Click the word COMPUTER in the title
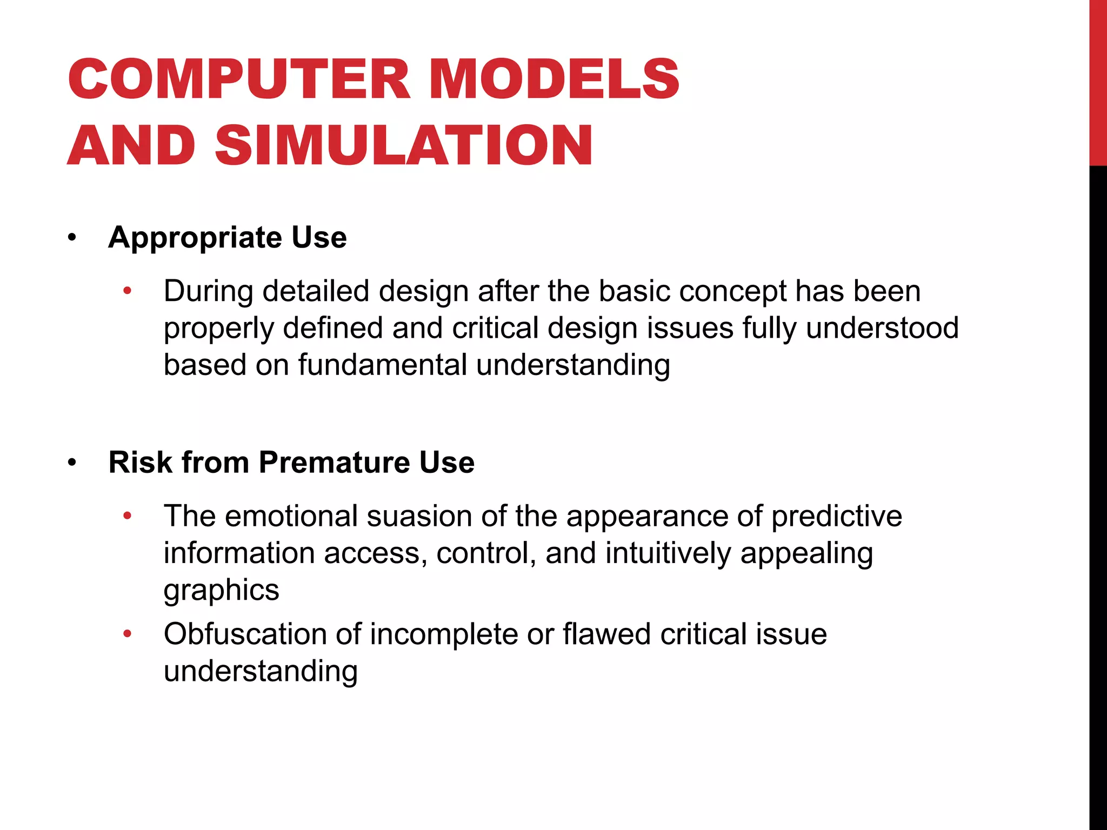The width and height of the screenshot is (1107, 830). click(x=239, y=79)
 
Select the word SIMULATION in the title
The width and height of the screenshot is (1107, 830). click(x=404, y=145)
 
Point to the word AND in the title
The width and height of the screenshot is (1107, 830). click(x=131, y=145)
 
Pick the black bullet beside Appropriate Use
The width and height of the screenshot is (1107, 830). click(x=72, y=238)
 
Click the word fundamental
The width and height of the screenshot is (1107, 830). click(x=383, y=365)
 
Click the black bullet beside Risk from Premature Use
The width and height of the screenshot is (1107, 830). click(x=72, y=463)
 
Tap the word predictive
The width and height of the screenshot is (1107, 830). click(x=836, y=516)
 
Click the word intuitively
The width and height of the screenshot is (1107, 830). click(x=668, y=553)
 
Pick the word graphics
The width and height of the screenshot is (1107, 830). click(x=222, y=590)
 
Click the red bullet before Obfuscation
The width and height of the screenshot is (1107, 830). click(x=127, y=634)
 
